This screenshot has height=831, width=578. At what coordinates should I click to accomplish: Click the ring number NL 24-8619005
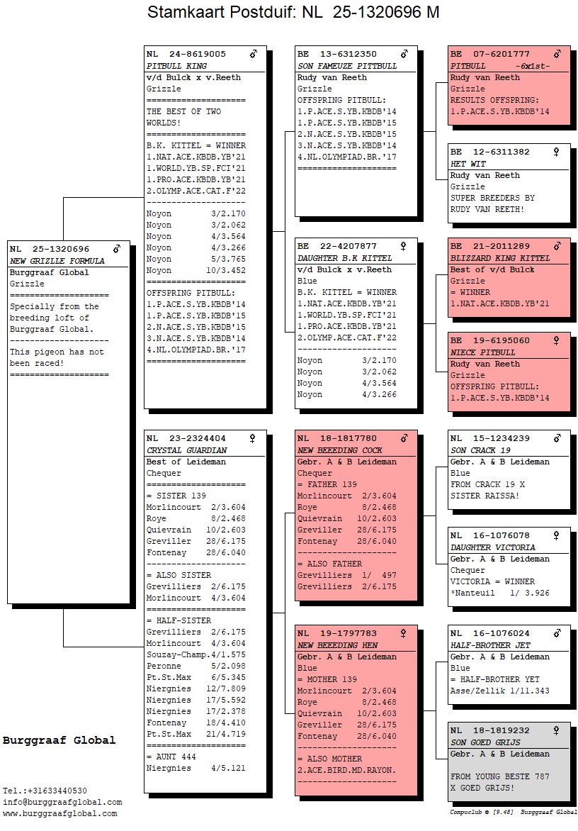click(186, 54)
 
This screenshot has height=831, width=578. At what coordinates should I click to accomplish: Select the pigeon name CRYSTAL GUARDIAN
click(187, 450)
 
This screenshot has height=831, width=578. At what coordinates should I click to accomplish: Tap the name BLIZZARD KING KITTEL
click(500, 258)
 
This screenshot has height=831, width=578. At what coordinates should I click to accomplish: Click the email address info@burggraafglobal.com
click(62, 802)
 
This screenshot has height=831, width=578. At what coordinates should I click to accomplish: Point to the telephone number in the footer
click(45, 791)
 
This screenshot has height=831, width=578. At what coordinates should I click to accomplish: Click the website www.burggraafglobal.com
click(59, 813)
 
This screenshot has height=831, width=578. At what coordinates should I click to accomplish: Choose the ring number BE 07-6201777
click(490, 54)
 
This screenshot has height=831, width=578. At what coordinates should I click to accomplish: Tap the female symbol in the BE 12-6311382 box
click(556, 152)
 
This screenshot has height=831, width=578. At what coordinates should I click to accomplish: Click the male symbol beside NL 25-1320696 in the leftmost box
click(117, 249)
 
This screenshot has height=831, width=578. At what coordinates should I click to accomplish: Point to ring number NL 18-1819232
click(490, 730)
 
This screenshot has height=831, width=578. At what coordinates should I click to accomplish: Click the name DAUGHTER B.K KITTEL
click(344, 258)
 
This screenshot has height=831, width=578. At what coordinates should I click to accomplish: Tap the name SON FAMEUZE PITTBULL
click(347, 66)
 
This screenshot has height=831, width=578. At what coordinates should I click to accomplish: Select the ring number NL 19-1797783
click(337, 633)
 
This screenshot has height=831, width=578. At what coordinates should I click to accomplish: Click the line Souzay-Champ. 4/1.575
click(195, 654)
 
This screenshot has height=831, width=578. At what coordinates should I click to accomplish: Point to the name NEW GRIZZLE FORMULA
click(57, 261)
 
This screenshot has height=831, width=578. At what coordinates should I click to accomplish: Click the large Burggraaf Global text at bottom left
click(59, 740)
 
